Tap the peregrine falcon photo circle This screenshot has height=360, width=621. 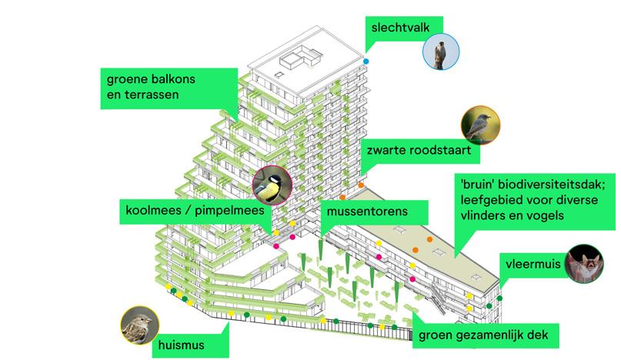click(x=439, y=52)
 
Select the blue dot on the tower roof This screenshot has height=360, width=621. click(x=367, y=61)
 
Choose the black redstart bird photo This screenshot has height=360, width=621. click(x=479, y=125)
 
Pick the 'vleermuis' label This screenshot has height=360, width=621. click(x=530, y=264)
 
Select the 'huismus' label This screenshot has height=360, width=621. click(x=182, y=345)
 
